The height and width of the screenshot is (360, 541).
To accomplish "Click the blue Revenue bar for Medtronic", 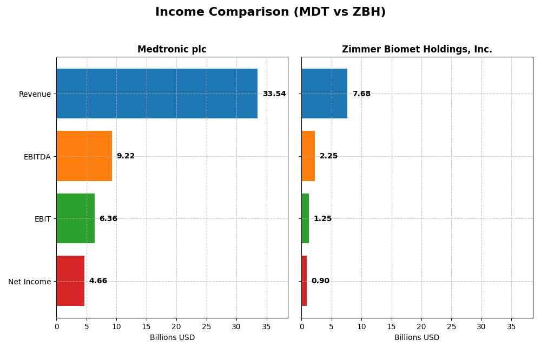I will [157, 94].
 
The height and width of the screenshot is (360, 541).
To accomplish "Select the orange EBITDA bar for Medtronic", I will [84, 156].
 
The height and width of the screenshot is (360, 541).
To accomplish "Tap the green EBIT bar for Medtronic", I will [75, 218].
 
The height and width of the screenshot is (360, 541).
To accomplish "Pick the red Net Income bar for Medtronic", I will [70, 281].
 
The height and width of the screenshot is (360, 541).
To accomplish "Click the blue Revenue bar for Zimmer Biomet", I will [324, 94].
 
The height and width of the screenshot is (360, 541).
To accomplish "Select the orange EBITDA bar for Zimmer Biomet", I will [308, 156].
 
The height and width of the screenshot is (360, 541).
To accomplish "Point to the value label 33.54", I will [274, 94].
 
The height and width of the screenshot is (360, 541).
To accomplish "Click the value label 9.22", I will [126, 156].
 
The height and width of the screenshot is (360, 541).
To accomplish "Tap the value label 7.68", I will [361, 94].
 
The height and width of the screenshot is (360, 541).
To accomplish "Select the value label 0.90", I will [320, 281].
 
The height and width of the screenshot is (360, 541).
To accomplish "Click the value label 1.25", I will [322, 219].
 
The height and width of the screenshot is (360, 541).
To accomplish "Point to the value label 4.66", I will [98, 281].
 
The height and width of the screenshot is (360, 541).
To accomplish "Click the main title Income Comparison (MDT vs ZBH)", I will [270, 12].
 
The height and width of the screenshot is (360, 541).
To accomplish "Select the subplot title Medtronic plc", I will [171, 50].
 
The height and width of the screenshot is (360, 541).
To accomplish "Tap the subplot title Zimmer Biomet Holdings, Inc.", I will [417, 50].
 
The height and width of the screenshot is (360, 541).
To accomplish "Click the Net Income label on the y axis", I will [29, 282].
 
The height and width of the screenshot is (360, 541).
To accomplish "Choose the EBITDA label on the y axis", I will [37, 157].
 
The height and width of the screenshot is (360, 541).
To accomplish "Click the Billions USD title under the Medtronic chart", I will [172, 338].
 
